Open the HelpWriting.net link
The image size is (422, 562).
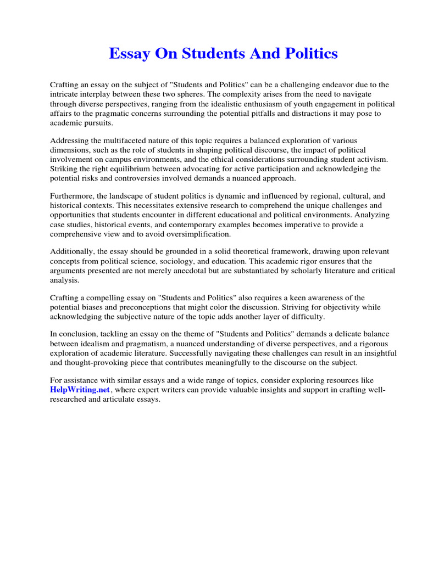[80, 390]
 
